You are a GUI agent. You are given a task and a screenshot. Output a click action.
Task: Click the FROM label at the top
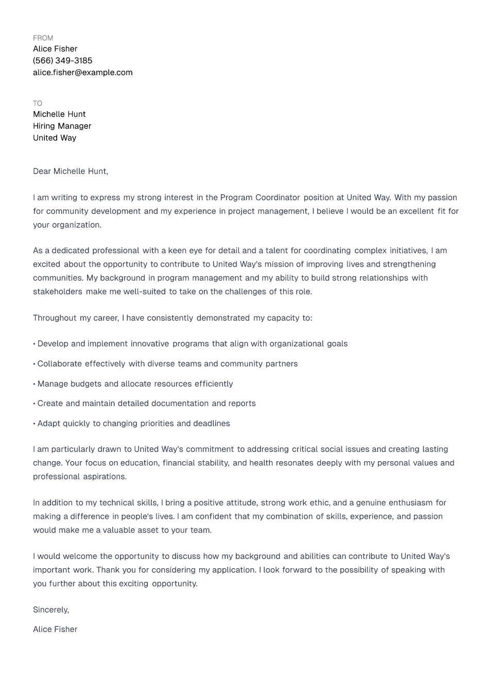click(x=43, y=38)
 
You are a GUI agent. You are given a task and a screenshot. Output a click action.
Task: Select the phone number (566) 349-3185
click(x=63, y=61)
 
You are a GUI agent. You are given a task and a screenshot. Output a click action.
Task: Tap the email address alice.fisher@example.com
click(x=82, y=73)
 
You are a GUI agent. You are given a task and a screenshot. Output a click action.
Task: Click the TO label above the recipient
click(x=38, y=103)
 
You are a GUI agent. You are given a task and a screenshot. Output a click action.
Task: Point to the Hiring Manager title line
click(x=62, y=126)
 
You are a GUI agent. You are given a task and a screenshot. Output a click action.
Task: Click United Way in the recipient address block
click(x=55, y=138)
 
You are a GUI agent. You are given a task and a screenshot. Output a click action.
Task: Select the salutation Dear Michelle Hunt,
click(x=71, y=171)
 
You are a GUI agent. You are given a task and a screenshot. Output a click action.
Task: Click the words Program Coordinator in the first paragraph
click(x=260, y=198)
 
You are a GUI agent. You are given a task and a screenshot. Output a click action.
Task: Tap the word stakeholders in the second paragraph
click(x=58, y=292)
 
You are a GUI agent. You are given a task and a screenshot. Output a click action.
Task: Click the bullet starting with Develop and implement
click(x=191, y=344)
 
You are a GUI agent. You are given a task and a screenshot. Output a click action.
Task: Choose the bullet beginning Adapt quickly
click(x=132, y=424)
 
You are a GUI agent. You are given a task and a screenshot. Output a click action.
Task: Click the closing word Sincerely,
click(x=51, y=610)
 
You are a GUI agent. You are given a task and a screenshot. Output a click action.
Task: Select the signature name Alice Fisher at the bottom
click(x=55, y=629)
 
